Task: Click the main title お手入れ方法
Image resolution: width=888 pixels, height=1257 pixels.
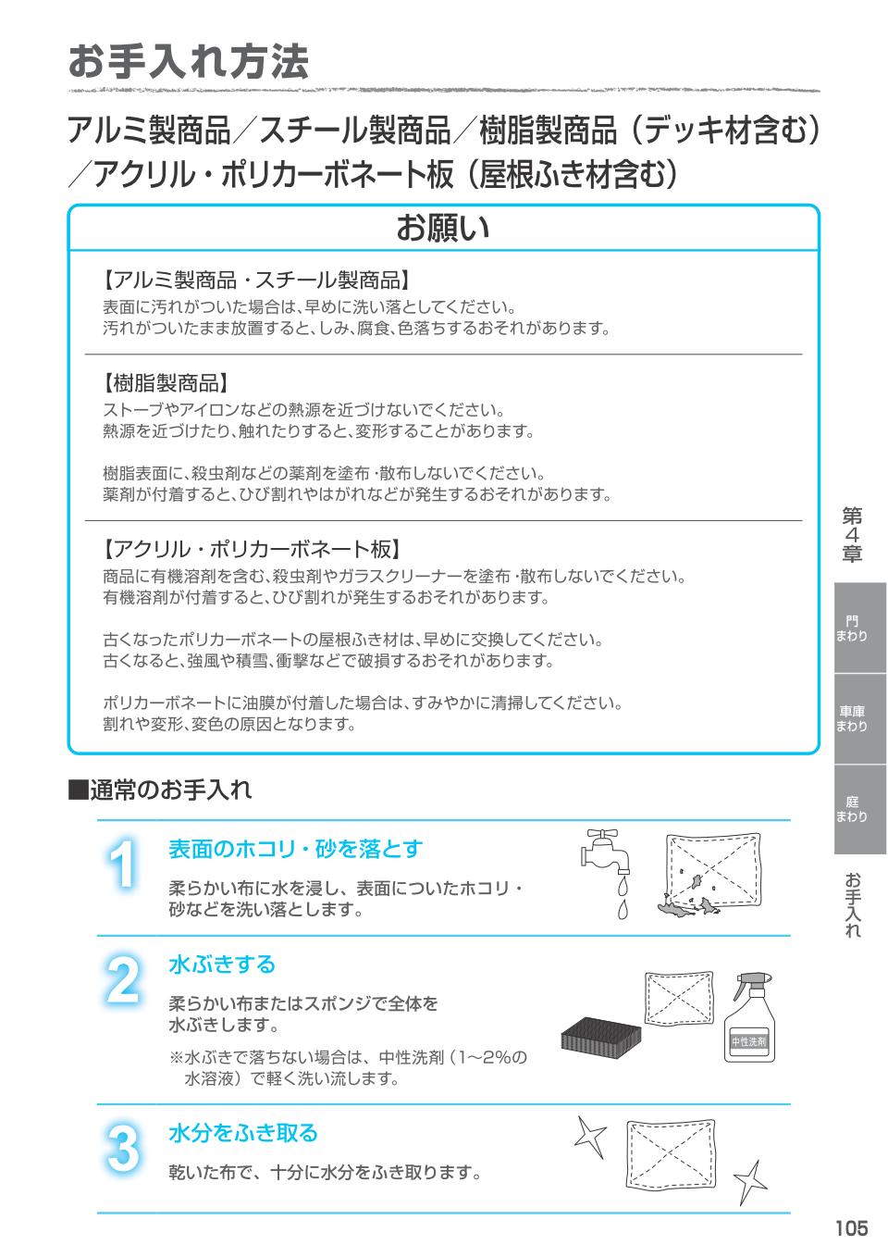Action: pyautogui.click(x=189, y=61)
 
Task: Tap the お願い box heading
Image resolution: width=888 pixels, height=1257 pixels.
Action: pyautogui.click(x=443, y=228)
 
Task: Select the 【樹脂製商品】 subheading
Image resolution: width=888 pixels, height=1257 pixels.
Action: pyautogui.click(x=166, y=384)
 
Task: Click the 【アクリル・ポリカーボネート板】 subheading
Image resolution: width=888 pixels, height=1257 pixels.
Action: pyautogui.click(x=253, y=549)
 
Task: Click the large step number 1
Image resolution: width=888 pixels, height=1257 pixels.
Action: pyautogui.click(x=122, y=865)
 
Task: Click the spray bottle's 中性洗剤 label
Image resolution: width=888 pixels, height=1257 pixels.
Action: pyautogui.click(x=748, y=1041)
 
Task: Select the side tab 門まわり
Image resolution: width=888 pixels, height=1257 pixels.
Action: pyautogui.click(x=852, y=628)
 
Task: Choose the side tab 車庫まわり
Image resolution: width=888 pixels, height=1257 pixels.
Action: pyautogui.click(x=852, y=719)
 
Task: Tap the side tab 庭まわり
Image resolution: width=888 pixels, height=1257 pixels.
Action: pyautogui.click(x=852, y=809)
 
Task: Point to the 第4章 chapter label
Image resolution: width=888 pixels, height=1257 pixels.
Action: pyautogui.click(x=852, y=535)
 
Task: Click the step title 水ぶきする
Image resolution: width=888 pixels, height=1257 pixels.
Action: pyautogui.click(x=222, y=965)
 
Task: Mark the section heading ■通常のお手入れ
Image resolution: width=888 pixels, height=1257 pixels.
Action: pyautogui.click(x=160, y=790)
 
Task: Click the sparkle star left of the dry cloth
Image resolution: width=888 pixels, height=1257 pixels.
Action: pyautogui.click(x=591, y=1136)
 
